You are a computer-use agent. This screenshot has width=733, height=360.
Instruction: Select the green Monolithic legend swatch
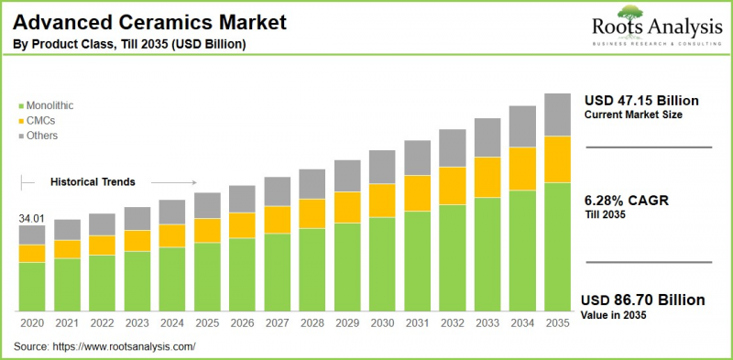tap(20, 106)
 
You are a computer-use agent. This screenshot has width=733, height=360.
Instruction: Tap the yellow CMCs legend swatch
tap(20, 121)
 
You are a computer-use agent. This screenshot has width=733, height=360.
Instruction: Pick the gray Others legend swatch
tap(20, 136)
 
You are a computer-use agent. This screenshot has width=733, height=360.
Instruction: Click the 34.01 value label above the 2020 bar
tap(31, 218)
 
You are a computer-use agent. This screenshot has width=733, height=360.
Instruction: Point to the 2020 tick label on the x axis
tap(32, 323)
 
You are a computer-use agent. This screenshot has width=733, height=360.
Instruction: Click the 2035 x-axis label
tap(558, 323)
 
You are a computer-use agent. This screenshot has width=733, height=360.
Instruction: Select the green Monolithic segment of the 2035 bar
tap(558, 247)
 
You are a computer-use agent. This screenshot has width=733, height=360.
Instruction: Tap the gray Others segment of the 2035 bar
tap(558, 115)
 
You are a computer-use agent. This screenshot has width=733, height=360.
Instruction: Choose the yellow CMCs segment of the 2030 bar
tap(382, 200)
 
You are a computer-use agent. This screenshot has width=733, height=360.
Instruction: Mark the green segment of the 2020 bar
tap(32, 287)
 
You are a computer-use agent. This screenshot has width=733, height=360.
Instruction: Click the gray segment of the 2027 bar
tap(277, 191)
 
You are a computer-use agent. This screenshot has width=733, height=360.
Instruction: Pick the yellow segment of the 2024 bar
tap(171, 235)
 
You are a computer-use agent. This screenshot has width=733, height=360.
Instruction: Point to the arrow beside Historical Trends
tap(174, 182)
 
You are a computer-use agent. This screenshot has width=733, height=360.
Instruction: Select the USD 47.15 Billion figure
tap(641, 100)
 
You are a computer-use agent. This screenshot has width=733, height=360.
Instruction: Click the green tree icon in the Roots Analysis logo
tap(629, 11)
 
